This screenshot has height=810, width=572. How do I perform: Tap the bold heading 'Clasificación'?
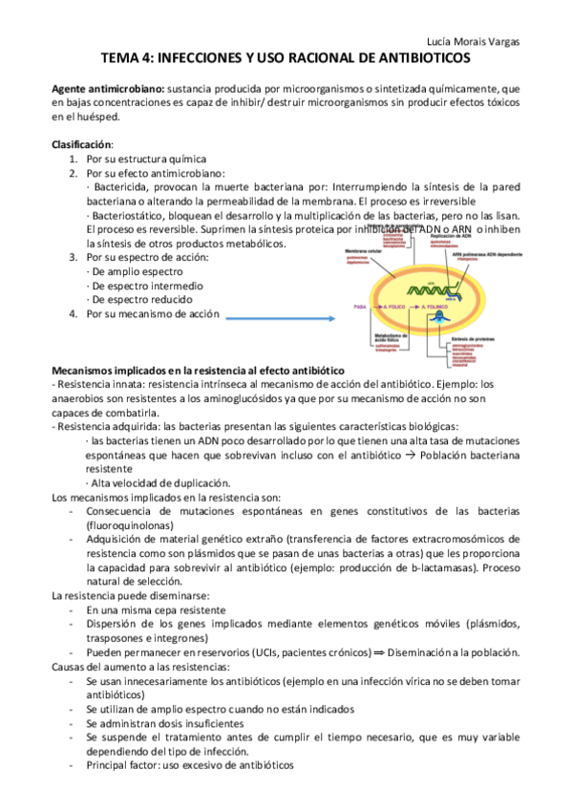[x=81, y=144]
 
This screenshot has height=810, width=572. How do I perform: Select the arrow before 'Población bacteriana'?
[x=404, y=457]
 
